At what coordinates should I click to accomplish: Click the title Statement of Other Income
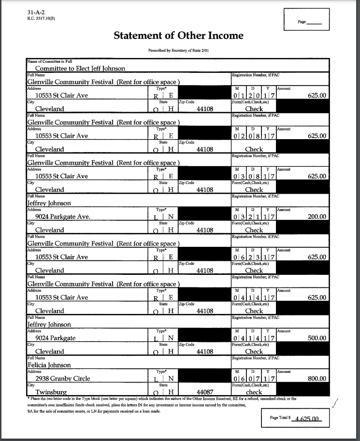click(x=179, y=36)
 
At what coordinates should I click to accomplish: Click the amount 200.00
click(x=317, y=217)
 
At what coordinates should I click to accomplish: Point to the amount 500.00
click(x=317, y=338)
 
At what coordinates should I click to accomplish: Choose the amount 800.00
click(x=317, y=379)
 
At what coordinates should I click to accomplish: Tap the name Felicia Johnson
click(x=49, y=365)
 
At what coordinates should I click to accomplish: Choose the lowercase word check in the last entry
click(x=254, y=392)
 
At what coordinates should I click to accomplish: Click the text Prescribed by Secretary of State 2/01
click(x=179, y=50)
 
